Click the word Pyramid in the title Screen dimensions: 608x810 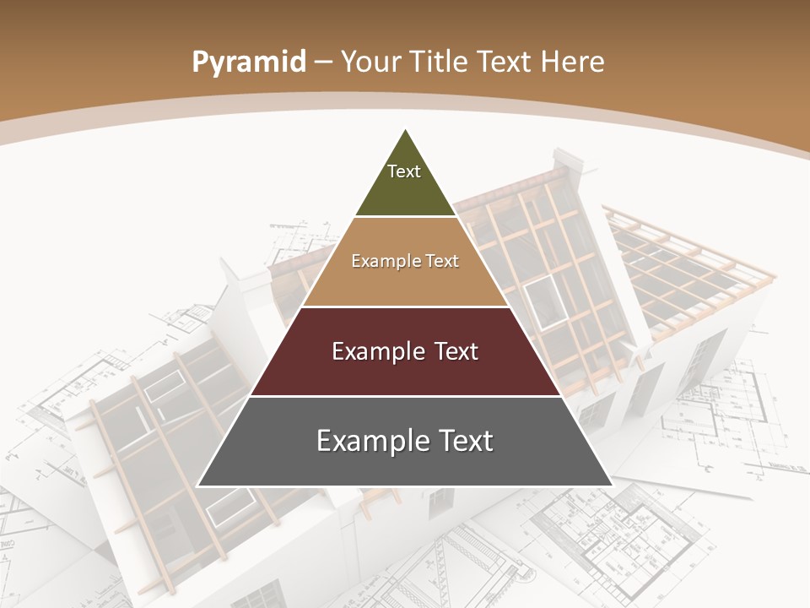pos(249,62)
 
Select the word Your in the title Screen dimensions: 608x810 pos(370,62)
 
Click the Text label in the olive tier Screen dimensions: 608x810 pos(404,171)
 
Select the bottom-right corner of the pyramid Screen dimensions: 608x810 pos(611,486)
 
